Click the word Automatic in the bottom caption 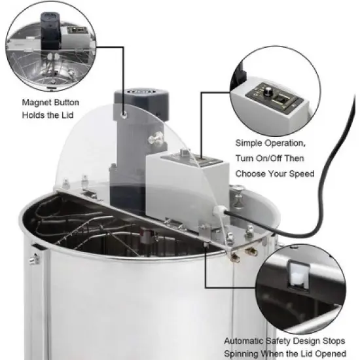coord(246,340)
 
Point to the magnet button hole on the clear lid coord(124,117)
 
